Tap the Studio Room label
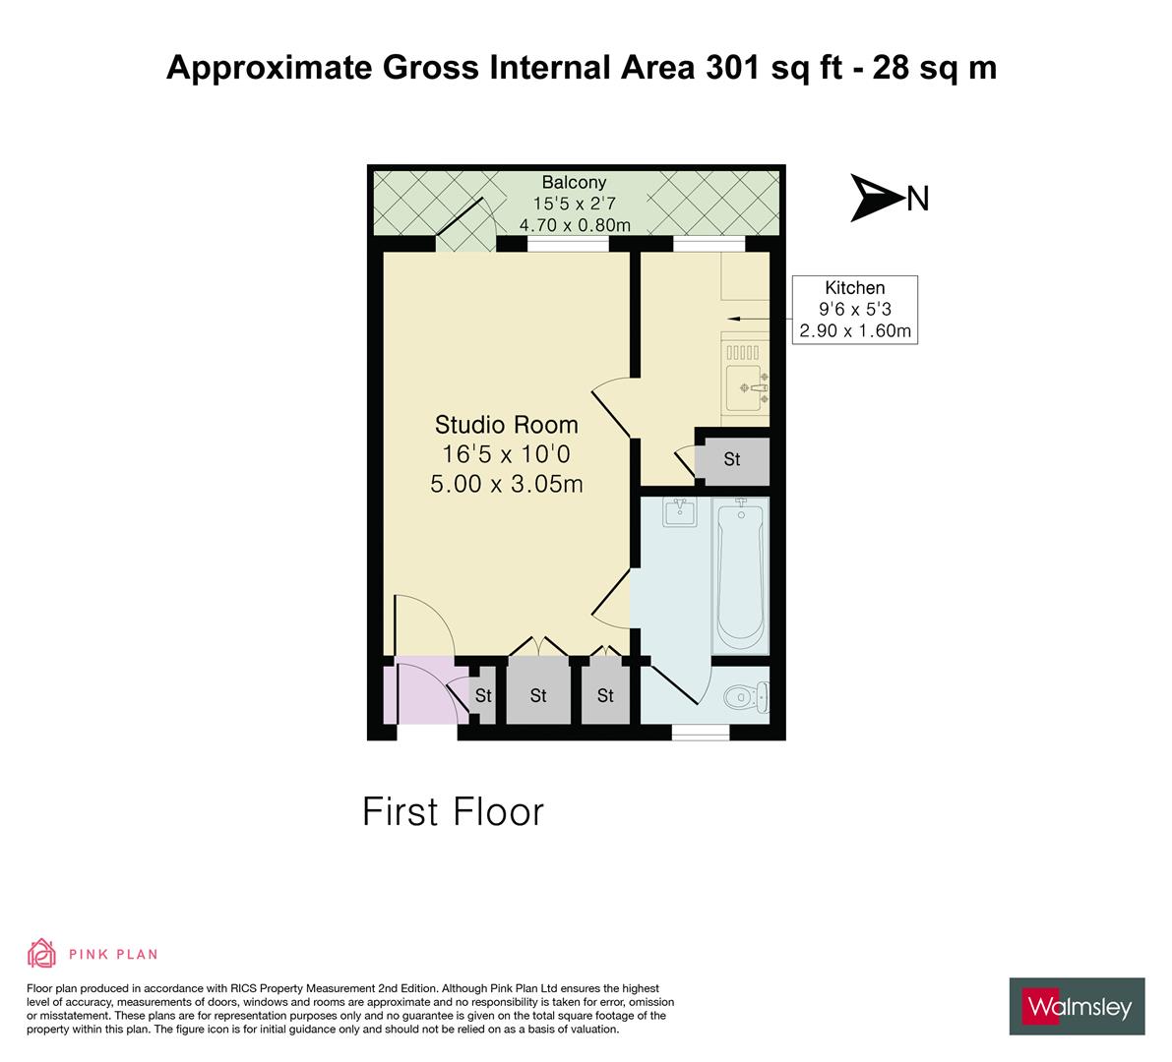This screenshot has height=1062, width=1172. (506, 425)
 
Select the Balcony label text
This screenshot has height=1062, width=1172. (574, 182)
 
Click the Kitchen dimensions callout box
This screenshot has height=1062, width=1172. (854, 309)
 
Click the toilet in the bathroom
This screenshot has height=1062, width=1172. (745, 697)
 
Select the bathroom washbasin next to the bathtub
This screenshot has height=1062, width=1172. (679, 513)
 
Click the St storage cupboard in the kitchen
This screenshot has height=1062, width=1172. (731, 459)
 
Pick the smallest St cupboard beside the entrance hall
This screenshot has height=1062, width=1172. (482, 696)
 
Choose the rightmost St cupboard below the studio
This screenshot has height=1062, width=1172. (604, 695)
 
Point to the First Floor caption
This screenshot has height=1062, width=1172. (453, 812)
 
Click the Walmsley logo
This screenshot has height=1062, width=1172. (1077, 1006)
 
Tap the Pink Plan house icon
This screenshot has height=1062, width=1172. (42, 953)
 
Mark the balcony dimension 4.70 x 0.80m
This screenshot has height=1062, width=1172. (574, 225)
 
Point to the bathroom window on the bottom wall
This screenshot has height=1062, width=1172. (701, 732)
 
